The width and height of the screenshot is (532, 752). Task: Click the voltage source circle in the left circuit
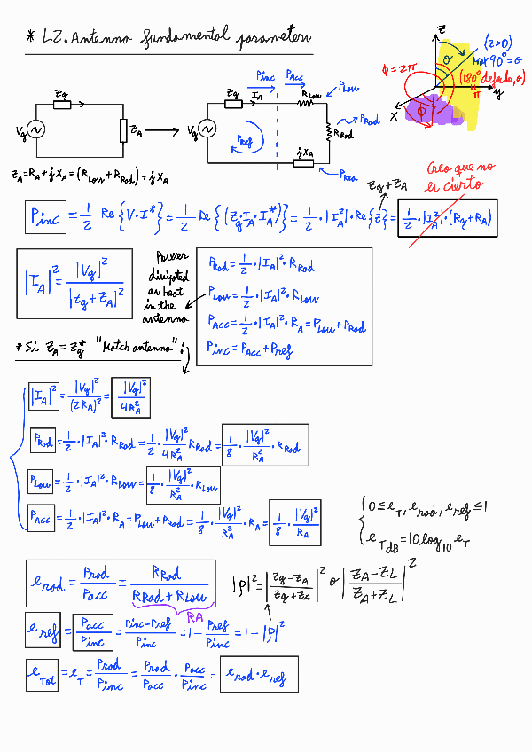click(x=36, y=130)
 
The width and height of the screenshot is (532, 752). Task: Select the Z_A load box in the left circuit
click(x=122, y=131)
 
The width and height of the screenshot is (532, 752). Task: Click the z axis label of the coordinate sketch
click(x=441, y=30)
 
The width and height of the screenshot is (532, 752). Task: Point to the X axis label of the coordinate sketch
click(x=394, y=117)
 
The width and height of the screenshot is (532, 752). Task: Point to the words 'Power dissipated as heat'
click(x=167, y=286)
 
